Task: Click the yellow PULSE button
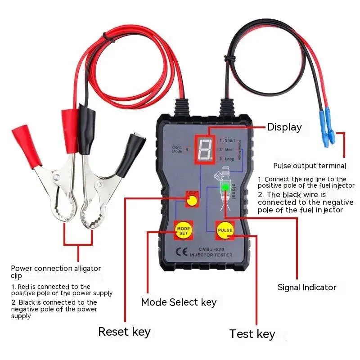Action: [225, 230]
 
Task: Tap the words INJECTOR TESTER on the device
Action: [211, 255]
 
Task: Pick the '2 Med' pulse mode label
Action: [226, 149]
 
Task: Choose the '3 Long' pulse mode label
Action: [227, 159]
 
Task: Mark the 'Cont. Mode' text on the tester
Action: [178, 149]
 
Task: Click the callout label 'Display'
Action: [284, 127]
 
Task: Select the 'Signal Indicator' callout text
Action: [306, 287]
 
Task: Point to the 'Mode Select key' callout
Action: [179, 302]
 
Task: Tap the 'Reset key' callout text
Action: [124, 332]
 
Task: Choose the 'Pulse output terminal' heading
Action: [310, 166]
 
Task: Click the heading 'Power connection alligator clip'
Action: [56, 272]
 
